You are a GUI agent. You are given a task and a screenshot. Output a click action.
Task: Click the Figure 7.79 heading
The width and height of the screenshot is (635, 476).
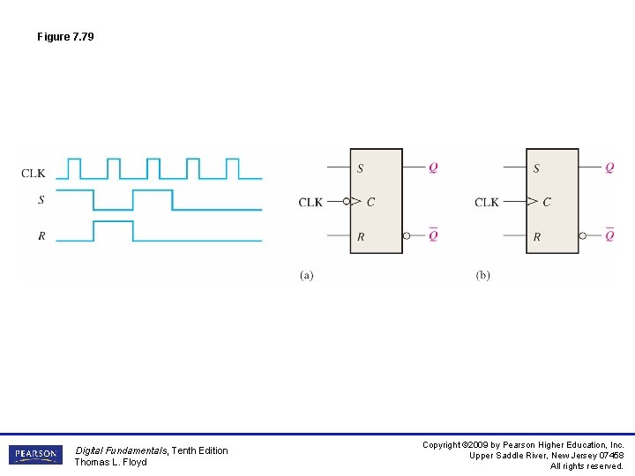point(65,37)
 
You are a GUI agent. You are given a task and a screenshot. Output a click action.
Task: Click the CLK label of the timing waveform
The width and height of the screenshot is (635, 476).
point(34,174)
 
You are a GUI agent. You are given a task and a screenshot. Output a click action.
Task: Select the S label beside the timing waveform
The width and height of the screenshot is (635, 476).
point(41,200)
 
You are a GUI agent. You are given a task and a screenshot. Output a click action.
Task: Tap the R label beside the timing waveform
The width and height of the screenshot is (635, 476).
point(41,236)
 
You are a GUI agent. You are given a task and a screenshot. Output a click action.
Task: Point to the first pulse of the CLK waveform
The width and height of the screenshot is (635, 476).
point(74,167)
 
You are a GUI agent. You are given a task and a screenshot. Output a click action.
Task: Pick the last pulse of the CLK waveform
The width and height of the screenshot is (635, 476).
point(233,167)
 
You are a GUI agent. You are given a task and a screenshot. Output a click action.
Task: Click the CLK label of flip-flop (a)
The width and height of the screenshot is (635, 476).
point(310,202)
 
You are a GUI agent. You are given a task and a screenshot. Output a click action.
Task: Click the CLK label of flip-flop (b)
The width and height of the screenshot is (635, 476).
point(487,202)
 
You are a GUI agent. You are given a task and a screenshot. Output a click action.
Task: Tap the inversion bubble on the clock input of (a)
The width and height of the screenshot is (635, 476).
point(347,202)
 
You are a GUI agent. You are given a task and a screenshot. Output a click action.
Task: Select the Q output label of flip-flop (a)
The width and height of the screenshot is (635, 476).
point(433,167)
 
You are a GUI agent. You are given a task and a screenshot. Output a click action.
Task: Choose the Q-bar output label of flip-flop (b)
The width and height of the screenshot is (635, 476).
point(609,235)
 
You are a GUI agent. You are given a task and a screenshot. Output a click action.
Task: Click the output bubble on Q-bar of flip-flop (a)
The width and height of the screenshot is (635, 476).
point(407,236)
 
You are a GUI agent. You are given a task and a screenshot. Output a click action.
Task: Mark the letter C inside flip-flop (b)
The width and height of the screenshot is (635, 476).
point(547,202)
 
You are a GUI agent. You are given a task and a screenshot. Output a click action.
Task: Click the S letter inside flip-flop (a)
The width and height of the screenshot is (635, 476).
point(360,168)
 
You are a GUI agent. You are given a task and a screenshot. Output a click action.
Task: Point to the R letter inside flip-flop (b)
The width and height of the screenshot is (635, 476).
point(537,237)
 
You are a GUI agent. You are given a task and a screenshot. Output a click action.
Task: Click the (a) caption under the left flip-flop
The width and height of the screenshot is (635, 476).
point(306,275)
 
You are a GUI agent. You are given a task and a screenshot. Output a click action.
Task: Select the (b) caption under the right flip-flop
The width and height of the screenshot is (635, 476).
point(482,275)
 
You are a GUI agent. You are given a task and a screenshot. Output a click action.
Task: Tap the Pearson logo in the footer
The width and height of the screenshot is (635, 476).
point(35,455)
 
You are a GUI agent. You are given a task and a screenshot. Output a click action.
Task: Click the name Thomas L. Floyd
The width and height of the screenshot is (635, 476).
point(110,462)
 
